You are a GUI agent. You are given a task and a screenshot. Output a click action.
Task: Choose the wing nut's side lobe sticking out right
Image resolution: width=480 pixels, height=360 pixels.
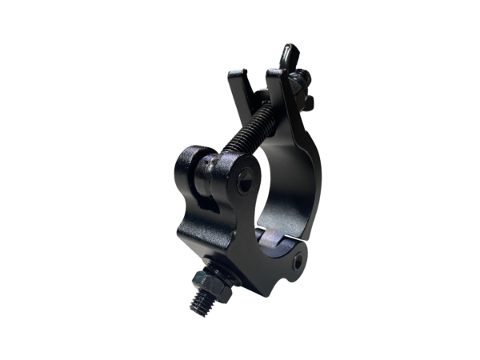[308, 102]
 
